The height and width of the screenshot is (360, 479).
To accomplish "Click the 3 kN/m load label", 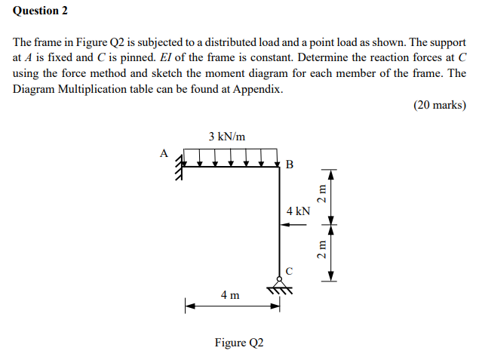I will [227, 137].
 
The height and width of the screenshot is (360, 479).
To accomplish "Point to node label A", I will [164, 152].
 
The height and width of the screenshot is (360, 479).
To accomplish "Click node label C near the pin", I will [290, 269].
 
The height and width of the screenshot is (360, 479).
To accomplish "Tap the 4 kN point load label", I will [299, 211].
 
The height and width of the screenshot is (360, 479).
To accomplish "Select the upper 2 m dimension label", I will [322, 195].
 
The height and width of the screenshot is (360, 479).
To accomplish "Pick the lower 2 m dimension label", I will [322, 250].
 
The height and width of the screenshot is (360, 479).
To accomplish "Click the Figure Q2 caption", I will [239, 343].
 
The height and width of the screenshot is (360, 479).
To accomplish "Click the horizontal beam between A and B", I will [230, 168].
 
